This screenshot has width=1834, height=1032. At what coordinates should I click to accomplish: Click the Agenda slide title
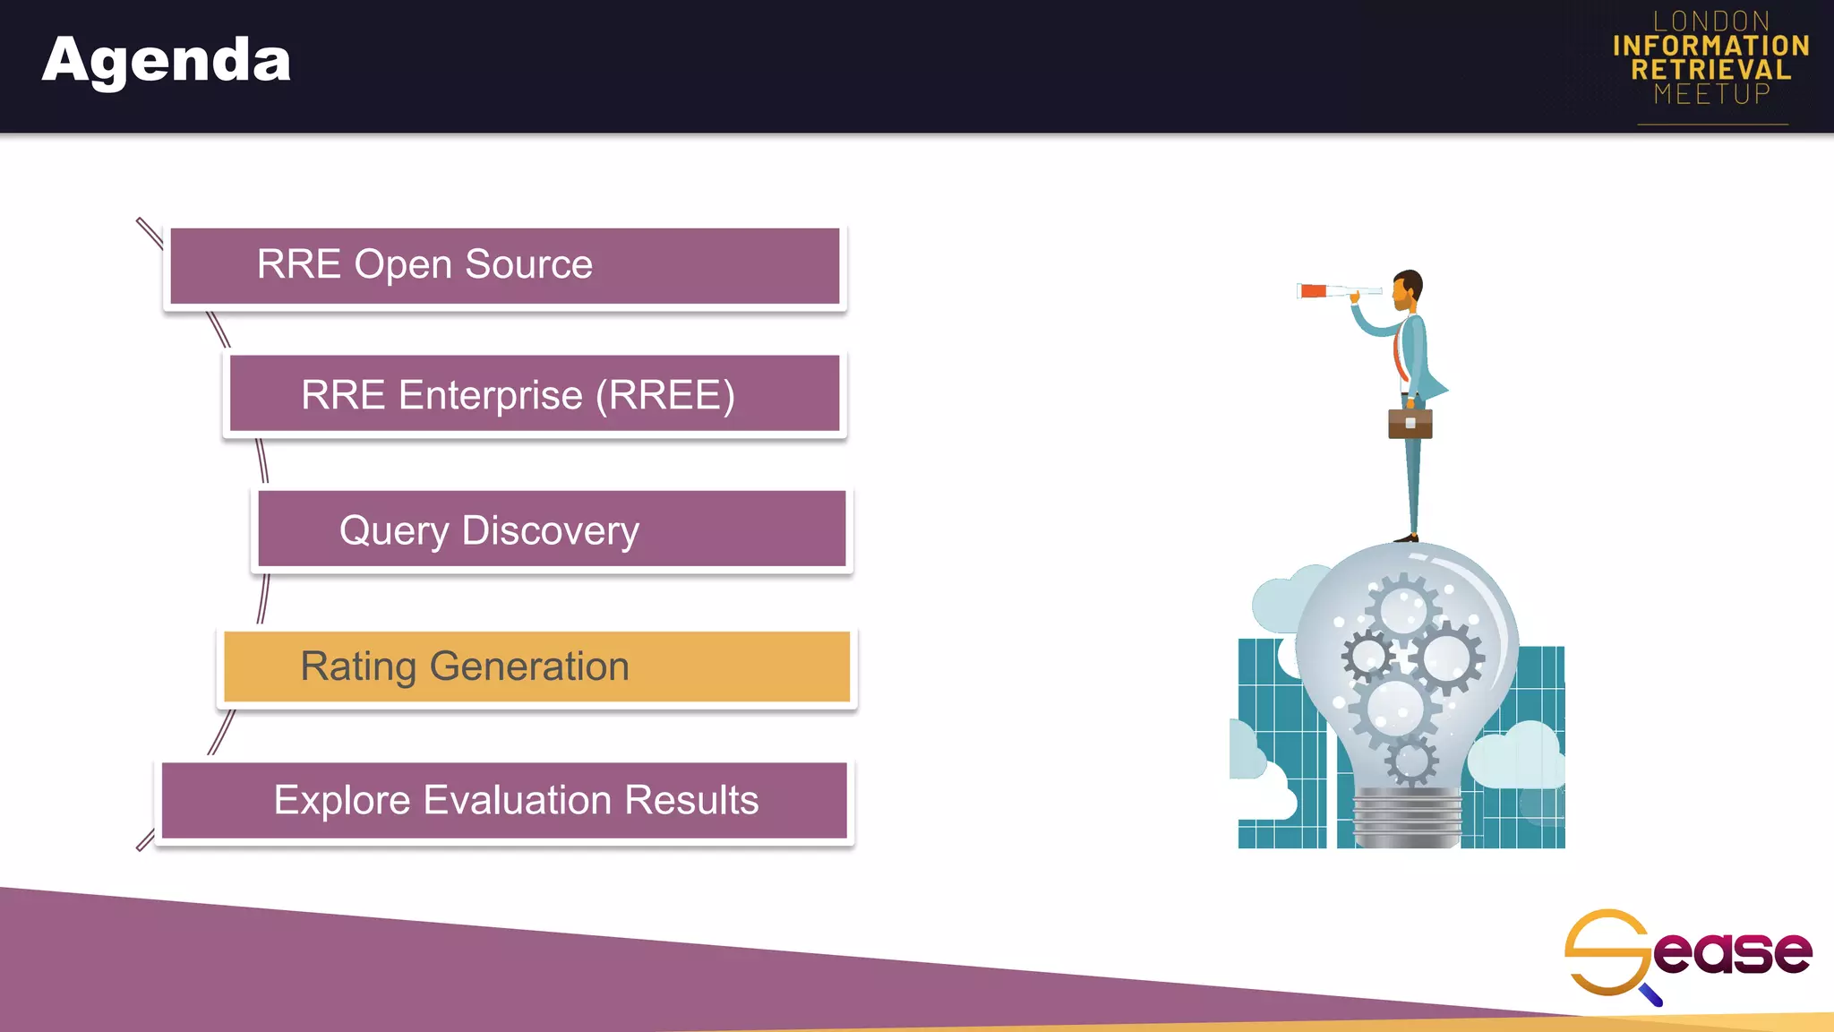point(167,61)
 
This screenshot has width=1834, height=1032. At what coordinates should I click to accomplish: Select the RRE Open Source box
point(504,266)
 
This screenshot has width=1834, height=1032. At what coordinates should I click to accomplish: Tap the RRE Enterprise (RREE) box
point(534,394)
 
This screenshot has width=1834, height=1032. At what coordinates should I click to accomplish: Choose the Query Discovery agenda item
point(551,529)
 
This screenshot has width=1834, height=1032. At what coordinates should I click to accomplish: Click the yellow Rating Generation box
point(536,666)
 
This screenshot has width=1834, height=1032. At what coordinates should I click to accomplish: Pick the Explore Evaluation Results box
point(503,800)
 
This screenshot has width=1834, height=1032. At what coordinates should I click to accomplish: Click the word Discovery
point(550,530)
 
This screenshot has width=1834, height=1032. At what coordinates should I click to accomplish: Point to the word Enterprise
point(490,395)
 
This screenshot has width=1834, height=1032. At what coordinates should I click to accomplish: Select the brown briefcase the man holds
point(1410,423)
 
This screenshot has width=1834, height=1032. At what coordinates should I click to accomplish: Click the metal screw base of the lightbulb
point(1407,816)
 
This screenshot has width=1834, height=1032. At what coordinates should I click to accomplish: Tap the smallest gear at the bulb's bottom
point(1412,761)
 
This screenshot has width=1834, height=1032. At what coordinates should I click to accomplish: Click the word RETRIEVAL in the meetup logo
point(1710,70)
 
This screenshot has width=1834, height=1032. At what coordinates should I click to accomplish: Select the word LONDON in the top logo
point(1711,21)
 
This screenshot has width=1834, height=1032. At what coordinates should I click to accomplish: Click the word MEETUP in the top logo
point(1711,94)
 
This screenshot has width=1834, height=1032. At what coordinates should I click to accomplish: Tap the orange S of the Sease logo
point(1606,952)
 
